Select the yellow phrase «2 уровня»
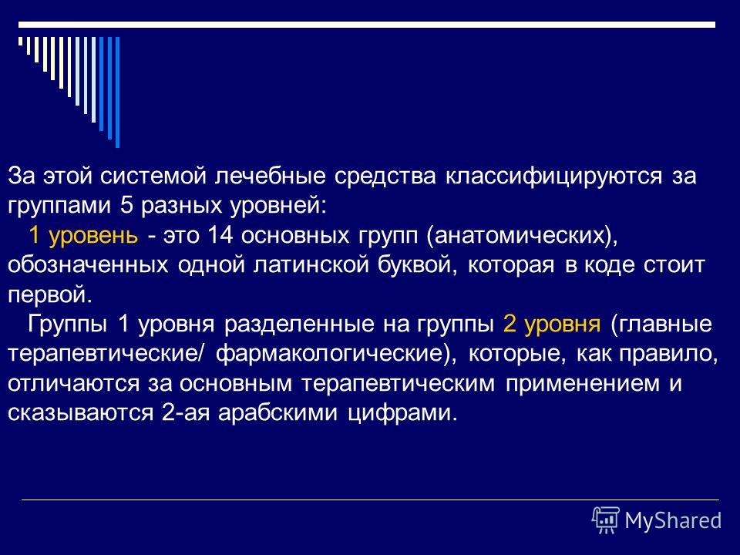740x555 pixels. tap(552, 325)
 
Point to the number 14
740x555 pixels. tap(220, 235)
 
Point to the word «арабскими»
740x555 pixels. tap(278, 413)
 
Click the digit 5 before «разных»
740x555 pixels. tap(126, 207)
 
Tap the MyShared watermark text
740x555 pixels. tap(673, 521)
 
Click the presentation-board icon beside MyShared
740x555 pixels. tap(606, 520)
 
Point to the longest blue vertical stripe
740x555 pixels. tap(117, 92)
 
